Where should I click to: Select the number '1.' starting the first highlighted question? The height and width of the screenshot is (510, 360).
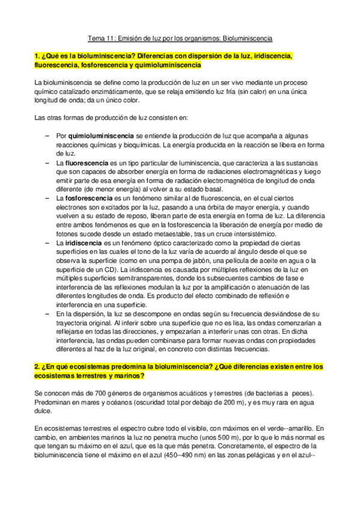click(x=37, y=57)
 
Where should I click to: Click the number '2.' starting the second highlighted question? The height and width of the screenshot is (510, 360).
click(x=37, y=366)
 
